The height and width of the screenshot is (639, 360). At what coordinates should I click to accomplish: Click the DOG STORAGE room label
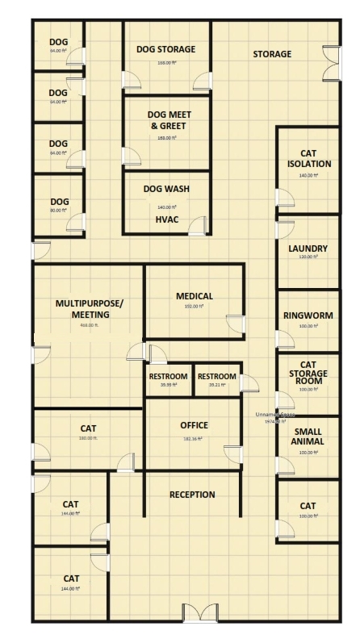166,49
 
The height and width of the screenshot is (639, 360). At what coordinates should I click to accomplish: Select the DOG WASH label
166,189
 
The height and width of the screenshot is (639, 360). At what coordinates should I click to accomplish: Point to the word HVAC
167,219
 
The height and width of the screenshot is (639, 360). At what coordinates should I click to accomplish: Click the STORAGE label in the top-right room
272,54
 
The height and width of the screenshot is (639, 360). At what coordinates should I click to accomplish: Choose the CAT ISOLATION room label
308,157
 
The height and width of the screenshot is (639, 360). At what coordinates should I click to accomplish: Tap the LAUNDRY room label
308,248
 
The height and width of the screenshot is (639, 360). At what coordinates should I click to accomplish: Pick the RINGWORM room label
308,315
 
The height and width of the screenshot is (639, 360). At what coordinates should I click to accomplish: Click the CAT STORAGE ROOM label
308,374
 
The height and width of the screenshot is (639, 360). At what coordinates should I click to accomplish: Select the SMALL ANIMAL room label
308,436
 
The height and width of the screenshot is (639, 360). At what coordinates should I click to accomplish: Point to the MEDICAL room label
195,296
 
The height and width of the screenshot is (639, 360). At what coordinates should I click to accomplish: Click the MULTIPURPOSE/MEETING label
88,309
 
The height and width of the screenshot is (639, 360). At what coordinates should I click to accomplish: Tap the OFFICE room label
194,425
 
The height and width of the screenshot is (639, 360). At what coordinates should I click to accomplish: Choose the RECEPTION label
192,495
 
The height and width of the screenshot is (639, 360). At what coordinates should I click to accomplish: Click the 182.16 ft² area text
194,439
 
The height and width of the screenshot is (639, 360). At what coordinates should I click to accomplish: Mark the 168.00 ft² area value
167,62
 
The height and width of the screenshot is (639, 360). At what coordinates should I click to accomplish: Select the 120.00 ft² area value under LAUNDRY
308,260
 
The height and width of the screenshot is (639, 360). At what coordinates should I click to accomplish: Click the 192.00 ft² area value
195,307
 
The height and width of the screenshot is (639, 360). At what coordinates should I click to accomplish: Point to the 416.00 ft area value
88,325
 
